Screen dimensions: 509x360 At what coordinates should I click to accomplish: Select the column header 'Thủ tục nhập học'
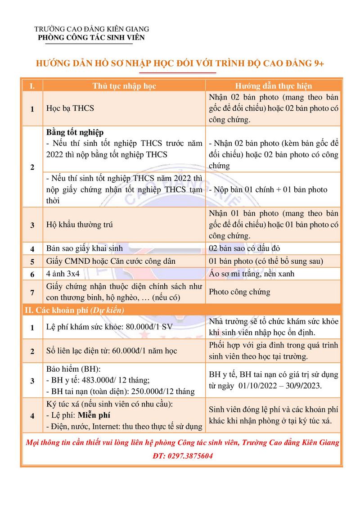pos(124,86)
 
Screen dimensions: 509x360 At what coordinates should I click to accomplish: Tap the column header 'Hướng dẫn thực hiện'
pos(274,86)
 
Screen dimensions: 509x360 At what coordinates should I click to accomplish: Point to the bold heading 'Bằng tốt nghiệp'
pos(75,132)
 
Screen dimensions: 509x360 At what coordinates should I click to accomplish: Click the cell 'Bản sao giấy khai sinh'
pos(85,248)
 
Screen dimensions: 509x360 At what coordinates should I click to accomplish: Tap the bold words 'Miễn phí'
pos(94,415)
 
